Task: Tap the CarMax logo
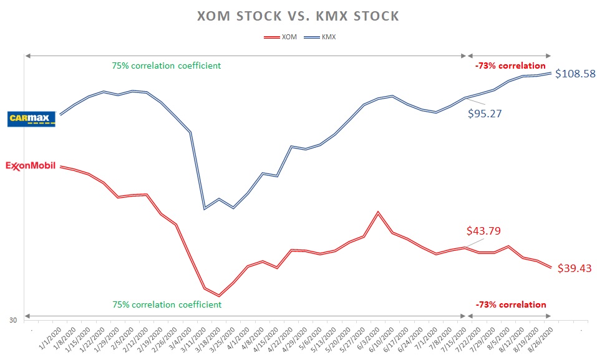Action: click(x=31, y=119)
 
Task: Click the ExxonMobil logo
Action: click(x=31, y=167)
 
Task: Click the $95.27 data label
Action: click(x=485, y=114)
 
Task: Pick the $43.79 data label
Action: click(x=483, y=231)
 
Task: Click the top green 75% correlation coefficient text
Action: click(x=166, y=66)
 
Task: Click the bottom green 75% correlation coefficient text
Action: click(x=167, y=304)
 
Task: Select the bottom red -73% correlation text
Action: click(x=510, y=304)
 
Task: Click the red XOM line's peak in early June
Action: click(x=377, y=212)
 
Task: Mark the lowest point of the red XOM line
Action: click(x=219, y=296)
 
